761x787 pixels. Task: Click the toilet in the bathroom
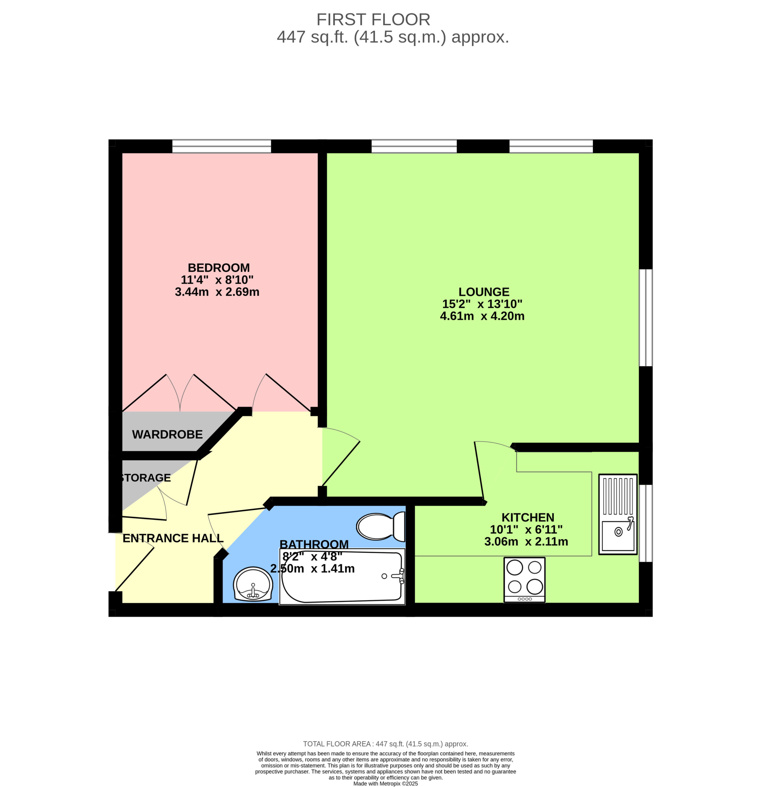(381, 526)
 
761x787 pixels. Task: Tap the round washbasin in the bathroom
(253, 584)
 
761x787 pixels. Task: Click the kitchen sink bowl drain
(618, 532)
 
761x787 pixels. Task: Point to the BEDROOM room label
(219, 267)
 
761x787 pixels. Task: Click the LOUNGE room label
(484, 292)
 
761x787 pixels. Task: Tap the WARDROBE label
(168, 434)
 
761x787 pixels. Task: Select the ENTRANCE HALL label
(173, 538)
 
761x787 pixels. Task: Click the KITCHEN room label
(528, 517)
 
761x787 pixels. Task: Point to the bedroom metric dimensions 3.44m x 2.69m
(217, 292)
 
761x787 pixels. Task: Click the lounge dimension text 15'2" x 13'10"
(482, 304)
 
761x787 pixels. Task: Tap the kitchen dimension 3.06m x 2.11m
(526, 542)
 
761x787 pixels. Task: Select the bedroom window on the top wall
(222, 146)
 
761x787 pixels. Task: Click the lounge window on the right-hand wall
(646, 318)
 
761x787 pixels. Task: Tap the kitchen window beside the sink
(646, 523)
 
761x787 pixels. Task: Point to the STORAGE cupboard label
(145, 478)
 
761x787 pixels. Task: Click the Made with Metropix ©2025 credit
(386, 783)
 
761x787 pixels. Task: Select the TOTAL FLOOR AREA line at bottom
(386, 744)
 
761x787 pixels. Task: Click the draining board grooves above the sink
(618, 496)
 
